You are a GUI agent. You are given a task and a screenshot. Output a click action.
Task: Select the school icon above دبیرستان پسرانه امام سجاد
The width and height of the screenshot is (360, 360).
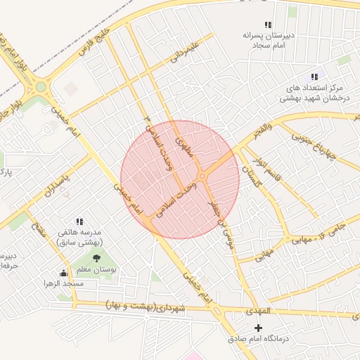pyautogui.click(x=266, y=25)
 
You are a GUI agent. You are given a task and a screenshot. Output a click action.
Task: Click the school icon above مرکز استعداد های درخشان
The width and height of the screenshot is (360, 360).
pyautogui.click(x=314, y=77)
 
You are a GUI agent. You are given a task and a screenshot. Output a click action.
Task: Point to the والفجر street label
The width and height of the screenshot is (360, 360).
pyautogui.click(x=259, y=129)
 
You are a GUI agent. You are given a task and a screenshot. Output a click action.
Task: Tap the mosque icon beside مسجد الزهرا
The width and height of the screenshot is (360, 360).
pyautogui.click(x=64, y=273)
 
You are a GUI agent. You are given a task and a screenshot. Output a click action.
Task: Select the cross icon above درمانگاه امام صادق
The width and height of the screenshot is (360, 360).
pyautogui.click(x=258, y=328)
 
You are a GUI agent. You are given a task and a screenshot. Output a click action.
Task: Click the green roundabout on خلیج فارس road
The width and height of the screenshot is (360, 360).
pyautogui.click(x=40, y=87)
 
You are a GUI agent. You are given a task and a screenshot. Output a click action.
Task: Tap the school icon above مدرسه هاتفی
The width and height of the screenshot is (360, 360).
pyautogui.click(x=79, y=221)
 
